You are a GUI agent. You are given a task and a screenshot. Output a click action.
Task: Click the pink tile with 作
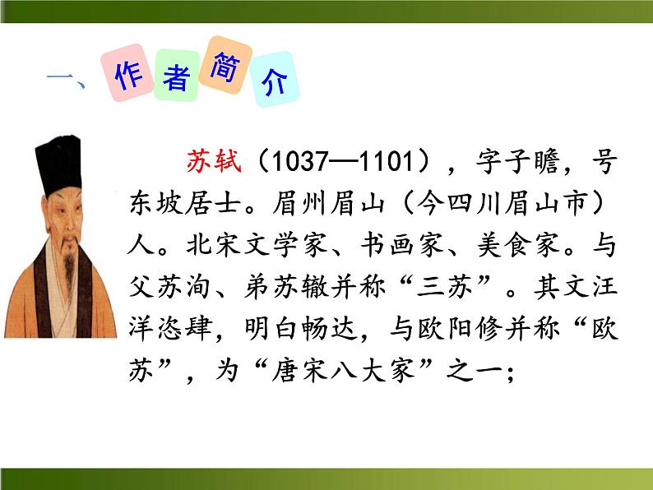coord(128,76)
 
